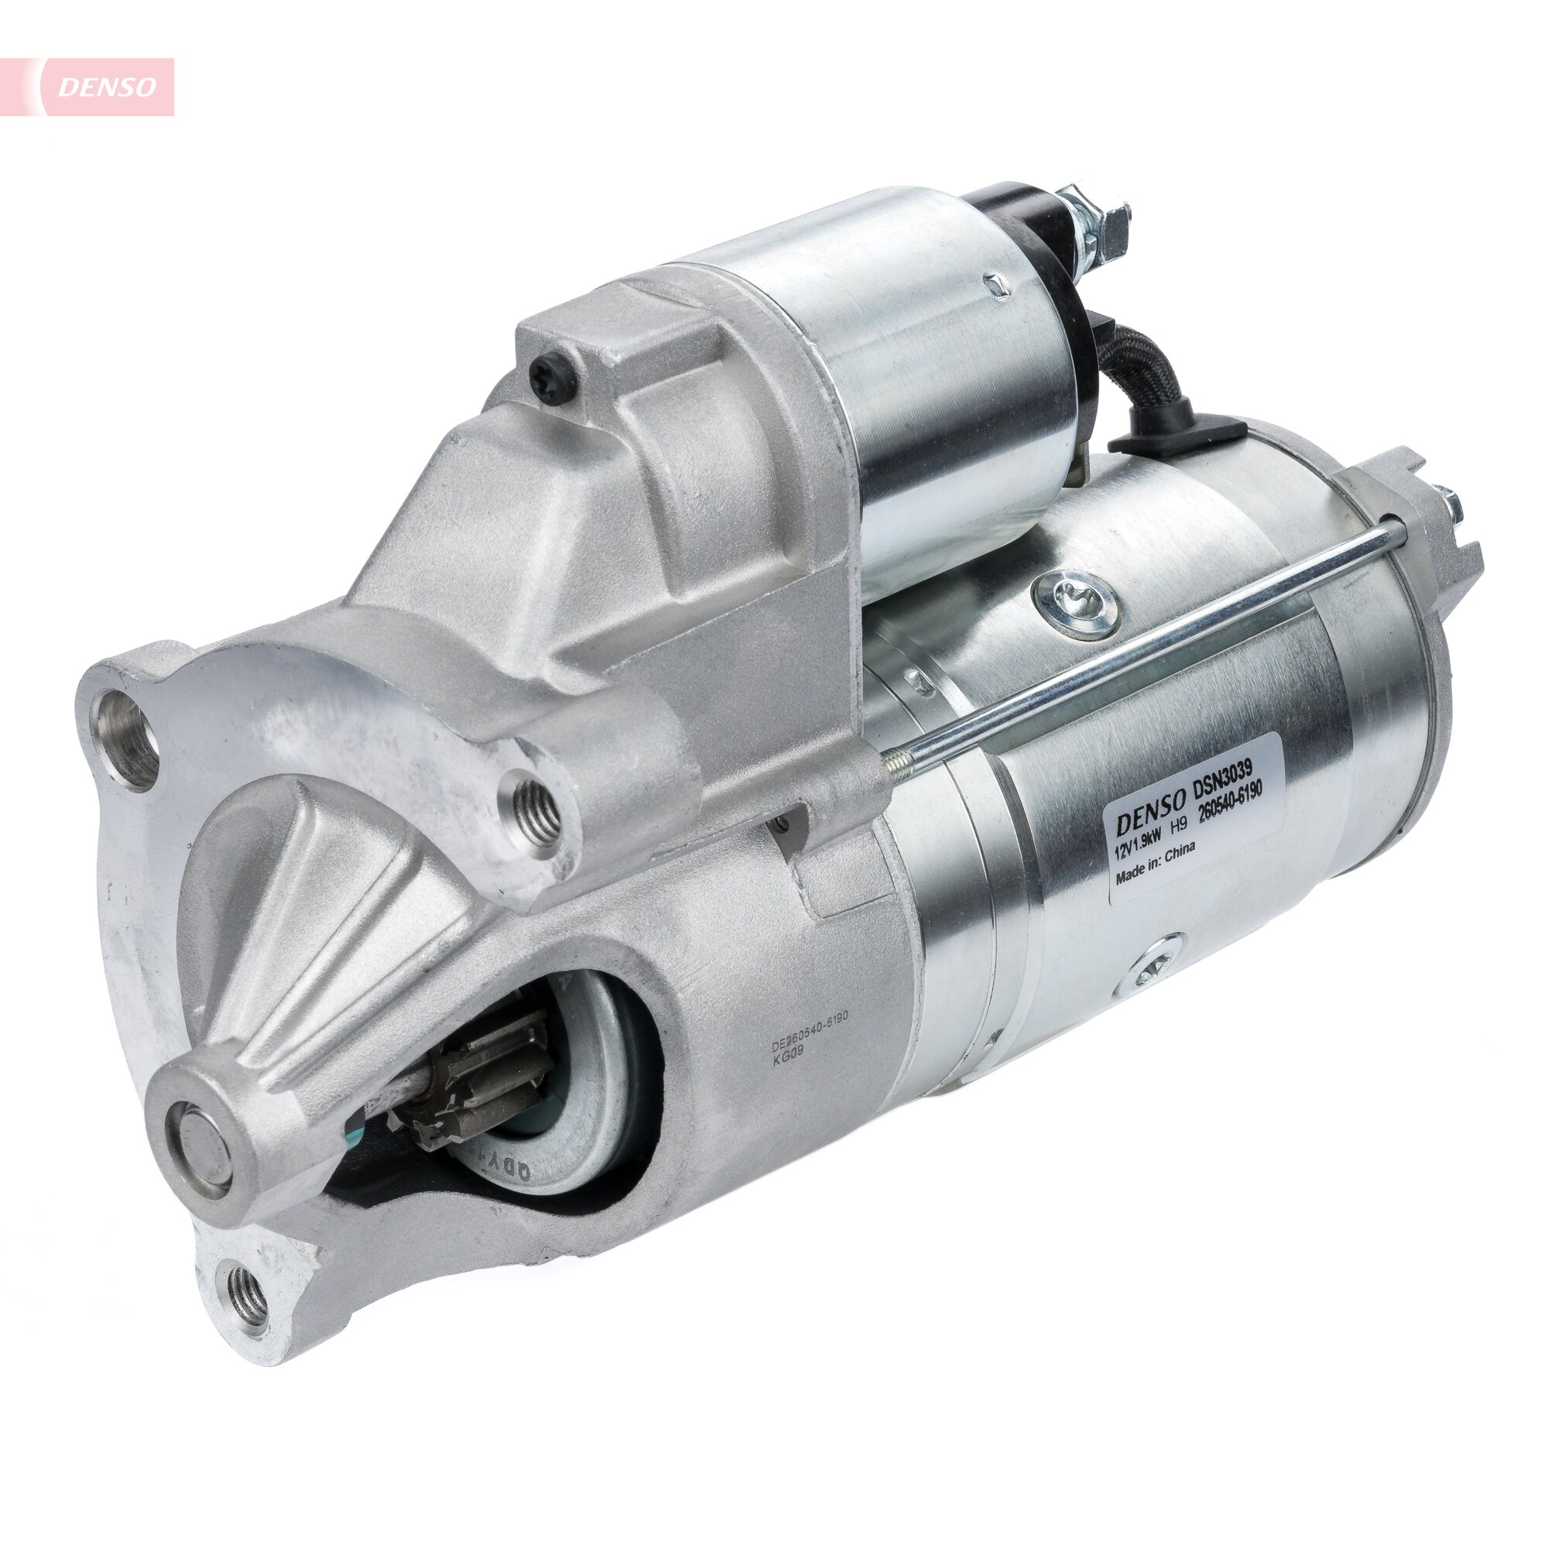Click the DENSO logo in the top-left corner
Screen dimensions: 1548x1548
coord(106,87)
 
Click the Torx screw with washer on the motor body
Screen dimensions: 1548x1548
coord(1076,599)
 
